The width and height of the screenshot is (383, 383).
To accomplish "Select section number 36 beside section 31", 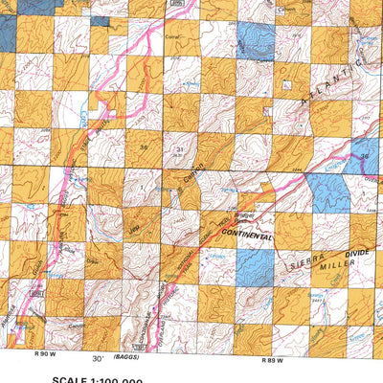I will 145,147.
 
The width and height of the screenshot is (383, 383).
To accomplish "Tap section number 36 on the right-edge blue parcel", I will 364,155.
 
